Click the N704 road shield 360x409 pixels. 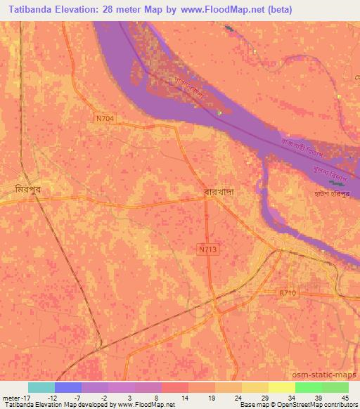pos(105,119)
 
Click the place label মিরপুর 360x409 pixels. pos(29,190)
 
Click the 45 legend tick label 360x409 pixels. pos(345,397)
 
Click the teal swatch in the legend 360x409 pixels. pos(41,387)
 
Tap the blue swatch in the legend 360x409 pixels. pos(67,387)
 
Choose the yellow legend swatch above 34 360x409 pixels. pos(281,387)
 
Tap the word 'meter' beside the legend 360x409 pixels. pos(11,397)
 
